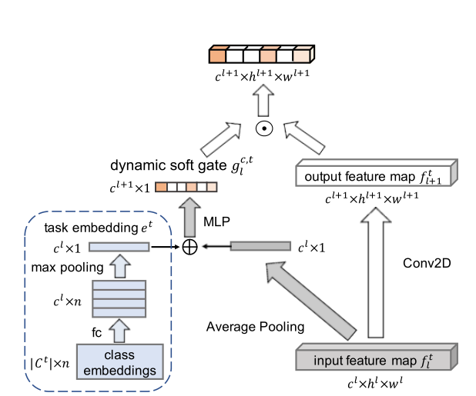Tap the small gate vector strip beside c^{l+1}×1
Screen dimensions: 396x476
pyautogui.click(x=186, y=187)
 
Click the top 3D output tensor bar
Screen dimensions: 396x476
pyautogui.click(x=261, y=55)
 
